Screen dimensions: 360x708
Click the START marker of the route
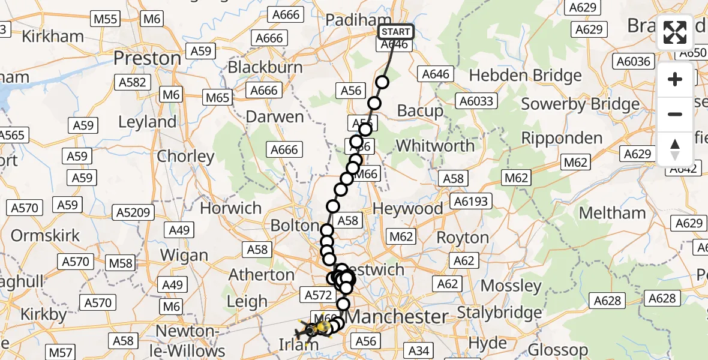(x=395, y=32)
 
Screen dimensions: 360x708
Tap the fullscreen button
(x=675, y=32)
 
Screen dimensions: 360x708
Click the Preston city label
(x=147, y=58)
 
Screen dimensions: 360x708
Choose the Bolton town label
(x=295, y=226)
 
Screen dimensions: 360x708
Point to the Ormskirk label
(x=46, y=235)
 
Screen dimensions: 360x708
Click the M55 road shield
(x=106, y=19)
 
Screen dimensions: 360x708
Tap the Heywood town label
(x=408, y=208)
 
